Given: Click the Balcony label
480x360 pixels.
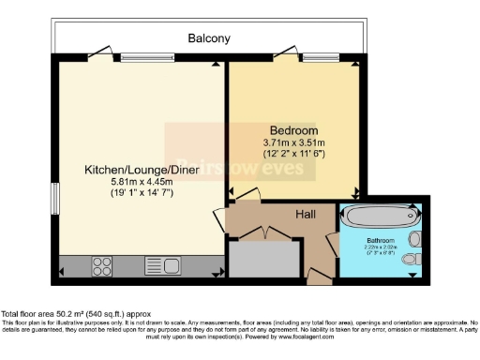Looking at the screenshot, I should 208,38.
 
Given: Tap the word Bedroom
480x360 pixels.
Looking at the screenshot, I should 293,129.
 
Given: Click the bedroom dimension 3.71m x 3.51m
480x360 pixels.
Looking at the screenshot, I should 293,142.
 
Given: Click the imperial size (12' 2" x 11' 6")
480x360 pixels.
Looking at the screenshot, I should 293,154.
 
